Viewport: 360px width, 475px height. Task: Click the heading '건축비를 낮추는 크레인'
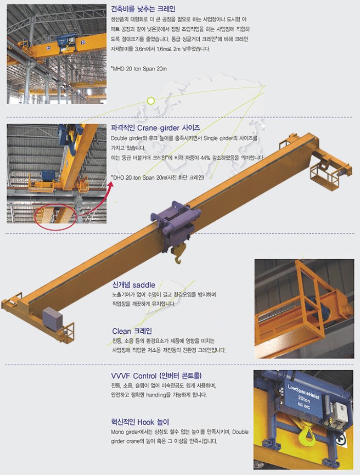143,9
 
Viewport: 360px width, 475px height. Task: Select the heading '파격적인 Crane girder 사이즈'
155,127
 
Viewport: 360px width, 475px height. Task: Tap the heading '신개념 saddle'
134,285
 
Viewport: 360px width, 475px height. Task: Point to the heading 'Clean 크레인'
132,331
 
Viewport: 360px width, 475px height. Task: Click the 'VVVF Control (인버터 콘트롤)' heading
156,376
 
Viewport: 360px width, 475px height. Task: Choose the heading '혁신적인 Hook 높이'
140,422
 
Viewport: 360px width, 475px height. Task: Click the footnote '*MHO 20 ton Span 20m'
139,69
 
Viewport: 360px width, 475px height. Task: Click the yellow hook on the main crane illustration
178,254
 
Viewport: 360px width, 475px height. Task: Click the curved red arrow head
110,184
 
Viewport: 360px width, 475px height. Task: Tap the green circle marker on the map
151,101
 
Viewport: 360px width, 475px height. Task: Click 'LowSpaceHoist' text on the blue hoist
304,392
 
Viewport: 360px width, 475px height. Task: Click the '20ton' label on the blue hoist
304,399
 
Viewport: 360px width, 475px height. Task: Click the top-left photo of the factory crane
56,54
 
